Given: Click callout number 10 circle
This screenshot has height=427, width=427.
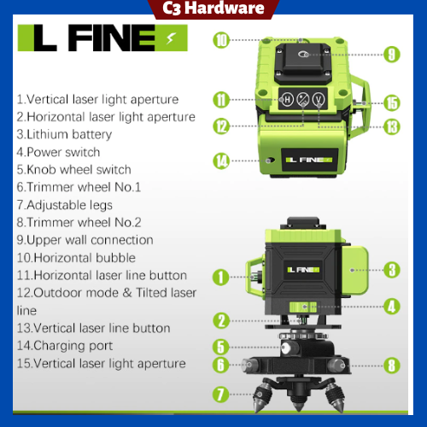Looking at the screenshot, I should click(221, 39).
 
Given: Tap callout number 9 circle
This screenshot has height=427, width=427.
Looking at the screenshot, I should click(392, 54).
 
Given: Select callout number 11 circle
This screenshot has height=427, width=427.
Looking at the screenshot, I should click(221, 100).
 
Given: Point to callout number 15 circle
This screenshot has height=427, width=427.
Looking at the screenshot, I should click(392, 103).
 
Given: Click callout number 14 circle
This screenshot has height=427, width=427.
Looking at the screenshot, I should click(221, 160).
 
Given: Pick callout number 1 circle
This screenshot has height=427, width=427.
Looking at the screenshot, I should click(220, 277).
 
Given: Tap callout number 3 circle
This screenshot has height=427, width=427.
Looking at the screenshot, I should click(392, 271).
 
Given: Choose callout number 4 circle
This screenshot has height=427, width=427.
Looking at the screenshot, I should click(392, 305).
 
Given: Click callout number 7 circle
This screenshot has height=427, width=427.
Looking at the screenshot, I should click(221, 394).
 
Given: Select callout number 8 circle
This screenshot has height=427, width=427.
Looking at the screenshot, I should click(392, 366).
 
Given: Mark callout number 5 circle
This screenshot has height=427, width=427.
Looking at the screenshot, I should click(221, 348).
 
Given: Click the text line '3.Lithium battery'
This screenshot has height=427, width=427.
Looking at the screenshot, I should click(64, 134).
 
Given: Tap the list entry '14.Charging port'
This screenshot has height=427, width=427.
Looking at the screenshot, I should click(70, 346).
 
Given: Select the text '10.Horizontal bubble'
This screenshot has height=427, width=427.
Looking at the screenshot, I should click(87, 258).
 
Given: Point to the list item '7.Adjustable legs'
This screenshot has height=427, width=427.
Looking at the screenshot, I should click(69, 205).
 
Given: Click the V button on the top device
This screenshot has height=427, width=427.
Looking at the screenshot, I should click(319, 99).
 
